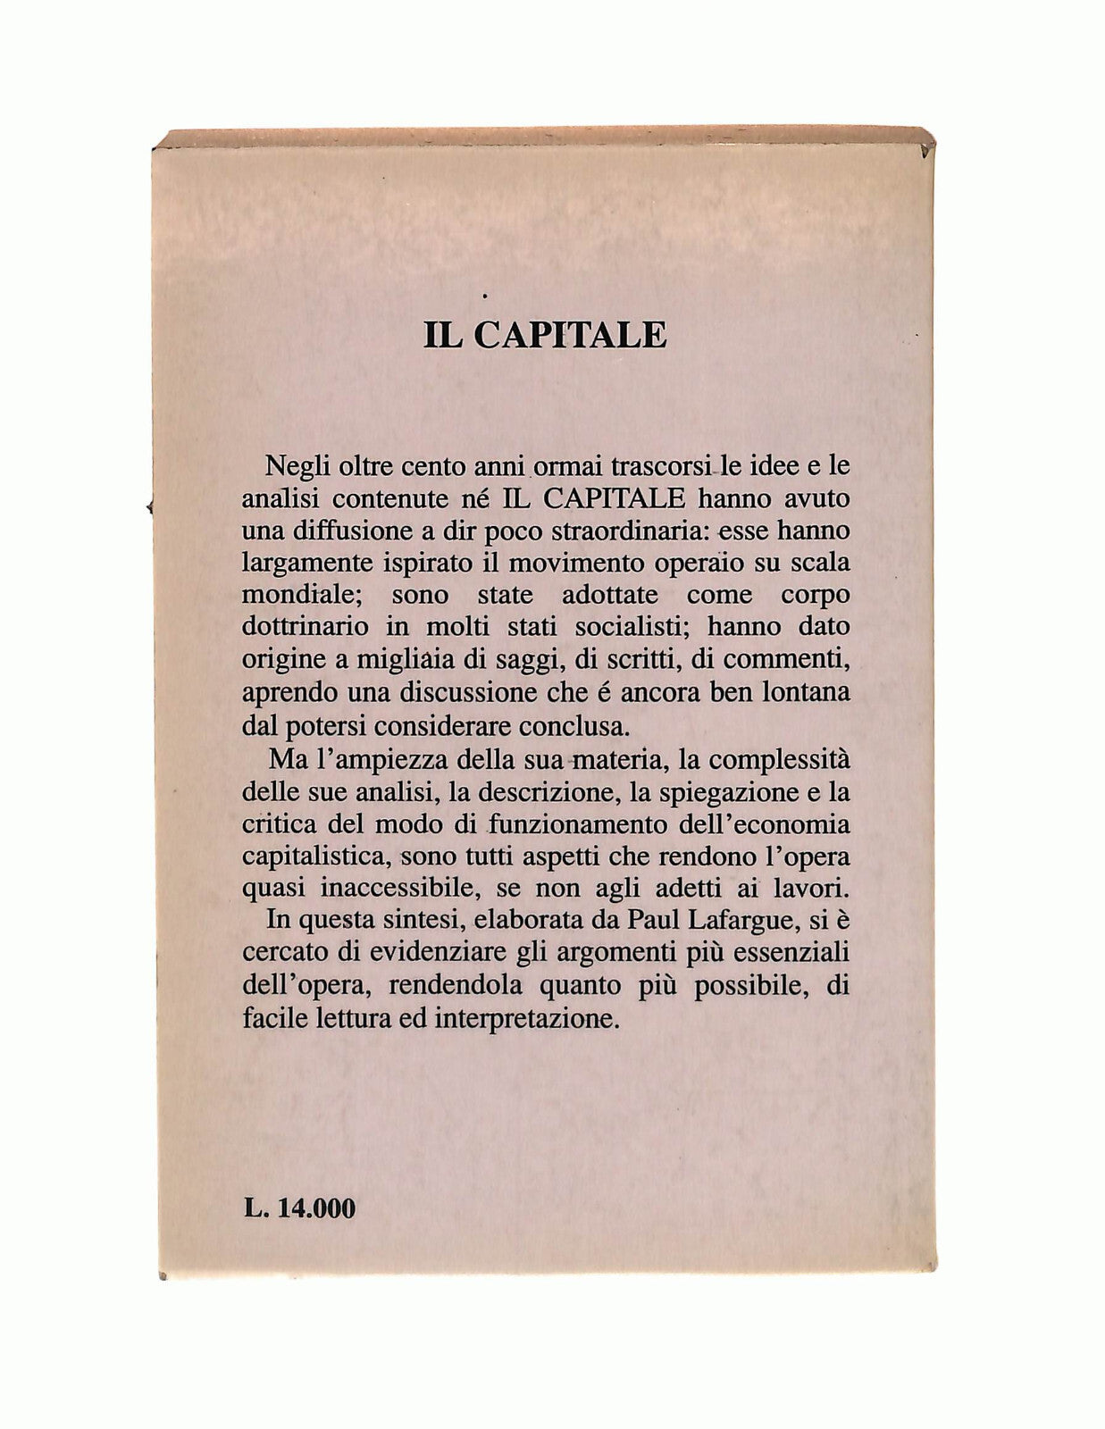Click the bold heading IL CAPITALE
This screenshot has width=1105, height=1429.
545,334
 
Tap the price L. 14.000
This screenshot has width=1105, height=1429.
298,1209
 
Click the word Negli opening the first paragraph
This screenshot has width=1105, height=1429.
297,466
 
